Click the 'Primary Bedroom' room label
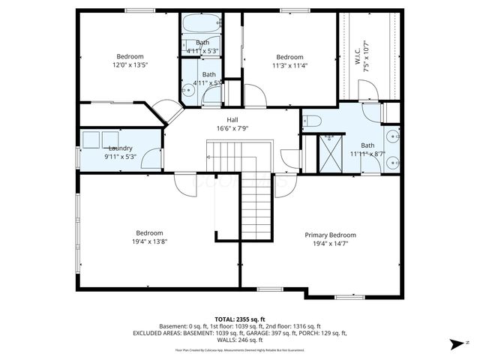(330, 235)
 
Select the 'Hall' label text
(233, 120)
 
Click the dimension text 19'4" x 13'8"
(148, 241)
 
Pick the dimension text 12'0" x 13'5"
(129, 65)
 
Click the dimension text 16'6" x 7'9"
(233, 128)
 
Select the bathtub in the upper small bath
(201, 22)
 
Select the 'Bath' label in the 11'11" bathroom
(367, 145)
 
